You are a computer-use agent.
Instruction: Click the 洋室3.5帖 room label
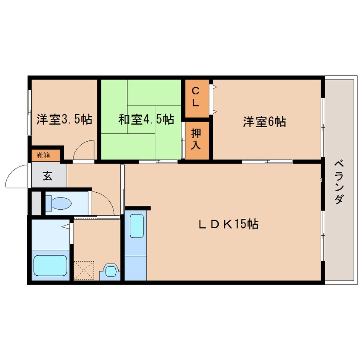click(x=64, y=120)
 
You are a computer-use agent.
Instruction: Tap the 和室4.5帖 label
click(x=146, y=120)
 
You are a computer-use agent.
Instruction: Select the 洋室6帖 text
click(x=264, y=122)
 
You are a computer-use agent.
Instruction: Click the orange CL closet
click(x=196, y=97)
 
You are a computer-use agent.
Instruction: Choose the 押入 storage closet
click(x=196, y=140)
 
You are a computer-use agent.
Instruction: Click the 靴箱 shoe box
click(x=43, y=155)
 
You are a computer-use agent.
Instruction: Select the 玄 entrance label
click(x=48, y=175)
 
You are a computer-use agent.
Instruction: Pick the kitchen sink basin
click(x=136, y=226)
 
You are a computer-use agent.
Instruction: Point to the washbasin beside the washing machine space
click(x=110, y=271)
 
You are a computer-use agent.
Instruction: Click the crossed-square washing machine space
click(x=83, y=270)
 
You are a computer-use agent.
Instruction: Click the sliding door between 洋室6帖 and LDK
click(x=267, y=161)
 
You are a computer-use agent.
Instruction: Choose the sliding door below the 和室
click(x=158, y=161)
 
